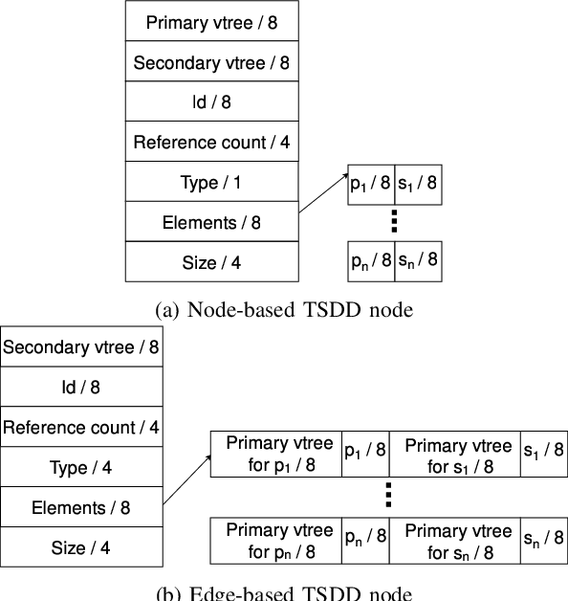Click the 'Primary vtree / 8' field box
pos(210,22)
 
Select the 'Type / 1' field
pos(210,182)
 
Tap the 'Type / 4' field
pos(80,467)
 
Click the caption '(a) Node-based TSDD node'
pos(285,308)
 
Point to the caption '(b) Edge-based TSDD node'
pos(285,592)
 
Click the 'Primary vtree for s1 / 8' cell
pos(453,456)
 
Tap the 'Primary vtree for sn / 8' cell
pos(453,542)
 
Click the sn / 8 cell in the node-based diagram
pos(419,261)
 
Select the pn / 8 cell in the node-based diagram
pos(370,261)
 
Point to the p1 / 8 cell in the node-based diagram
pos(370,186)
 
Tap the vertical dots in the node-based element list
pos(394,223)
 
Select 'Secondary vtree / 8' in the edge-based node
pos(80,347)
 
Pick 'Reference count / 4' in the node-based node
pos(210,143)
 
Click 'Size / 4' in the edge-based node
pos(80,547)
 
